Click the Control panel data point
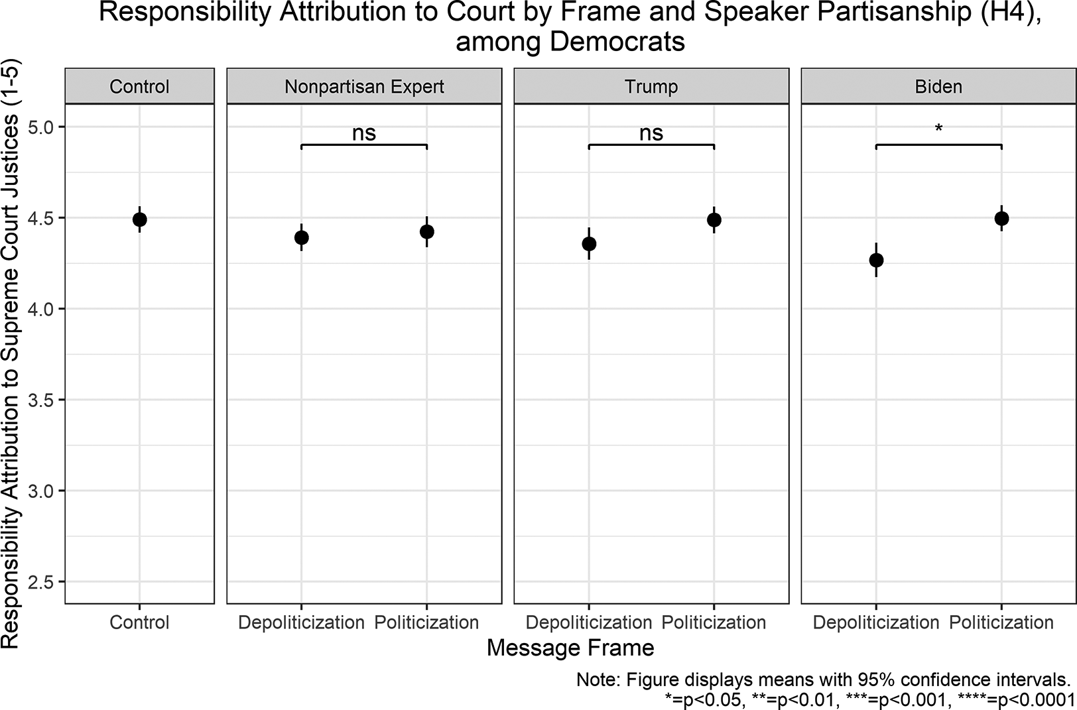pyautogui.click(x=139, y=219)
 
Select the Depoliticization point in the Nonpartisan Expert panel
pyautogui.click(x=302, y=237)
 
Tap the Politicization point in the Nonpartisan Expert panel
pyautogui.click(x=427, y=231)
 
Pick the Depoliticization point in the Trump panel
pyautogui.click(x=589, y=244)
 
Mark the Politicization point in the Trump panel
pyautogui.click(x=714, y=219)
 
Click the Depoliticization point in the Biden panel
pyautogui.click(x=876, y=260)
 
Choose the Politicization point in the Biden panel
pyautogui.click(x=1001, y=218)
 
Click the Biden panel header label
pyautogui.click(x=938, y=87)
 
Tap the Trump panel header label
pyautogui.click(x=651, y=87)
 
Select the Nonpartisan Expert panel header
pyautogui.click(x=364, y=87)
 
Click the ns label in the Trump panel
pyautogui.click(x=651, y=133)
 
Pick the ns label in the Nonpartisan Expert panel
pyautogui.click(x=364, y=133)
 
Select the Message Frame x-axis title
pyautogui.click(x=570, y=648)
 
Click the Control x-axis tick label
pyautogui.click(x=139, y=622)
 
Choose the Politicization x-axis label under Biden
pyautogui.click(x=1001, y=622)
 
